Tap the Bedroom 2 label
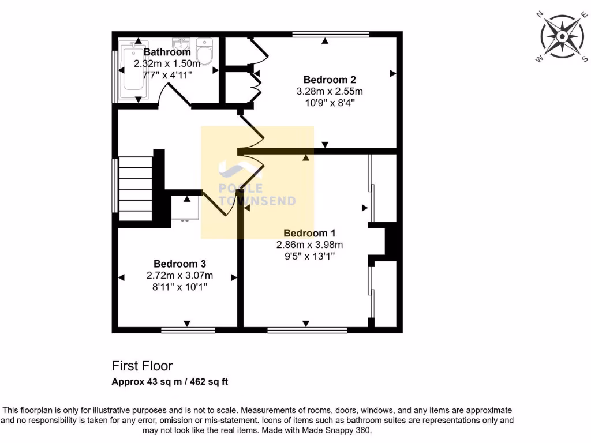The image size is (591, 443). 326,80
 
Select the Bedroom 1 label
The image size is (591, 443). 309,233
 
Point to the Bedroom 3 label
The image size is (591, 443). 179,263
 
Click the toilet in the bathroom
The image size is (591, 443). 205,50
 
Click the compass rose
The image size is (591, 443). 561,36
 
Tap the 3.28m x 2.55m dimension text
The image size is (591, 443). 330,91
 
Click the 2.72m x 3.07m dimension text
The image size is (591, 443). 179,275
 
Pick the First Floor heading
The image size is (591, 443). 142,366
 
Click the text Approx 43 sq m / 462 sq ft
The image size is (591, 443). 171,381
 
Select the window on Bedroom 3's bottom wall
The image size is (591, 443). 188,331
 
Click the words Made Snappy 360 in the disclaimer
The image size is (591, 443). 346,430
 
